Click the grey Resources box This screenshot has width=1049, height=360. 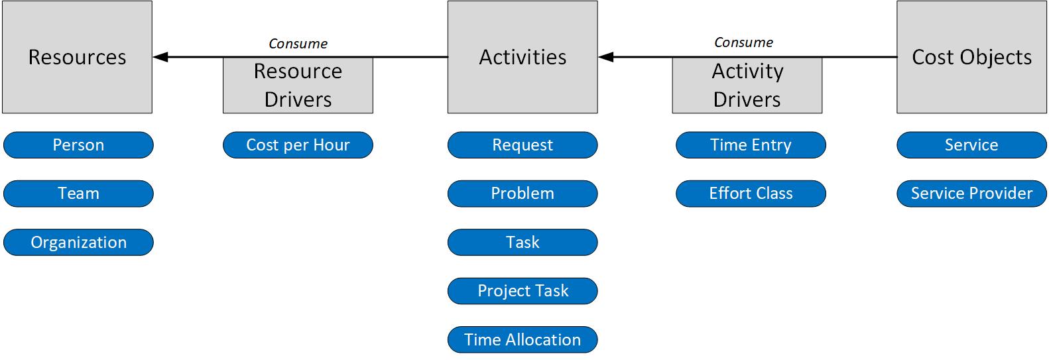(77, 57)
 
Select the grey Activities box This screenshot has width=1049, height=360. (523, 57)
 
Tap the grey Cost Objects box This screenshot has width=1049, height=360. (971, 57)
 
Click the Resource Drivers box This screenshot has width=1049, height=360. (298, 86)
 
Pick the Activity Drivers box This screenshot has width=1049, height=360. (747, 86)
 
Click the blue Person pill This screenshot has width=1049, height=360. (78, 145)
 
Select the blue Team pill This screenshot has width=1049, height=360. (78, 194)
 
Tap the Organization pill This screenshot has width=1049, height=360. (78, 243)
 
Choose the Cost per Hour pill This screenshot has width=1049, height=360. (298, 145)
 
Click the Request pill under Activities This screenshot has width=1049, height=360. (523, 145)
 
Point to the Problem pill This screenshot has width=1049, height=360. (523, 194)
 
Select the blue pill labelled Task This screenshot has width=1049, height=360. (523, 243)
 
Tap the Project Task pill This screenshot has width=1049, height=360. (523, 291)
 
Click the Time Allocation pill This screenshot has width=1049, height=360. (523, 339)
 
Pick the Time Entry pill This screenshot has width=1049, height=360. (751, 145)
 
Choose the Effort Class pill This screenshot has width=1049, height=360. (751, 194)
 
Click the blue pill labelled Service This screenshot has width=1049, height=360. (971, 145)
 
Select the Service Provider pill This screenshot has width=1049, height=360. (971, 194)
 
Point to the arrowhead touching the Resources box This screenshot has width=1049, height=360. (160, 57)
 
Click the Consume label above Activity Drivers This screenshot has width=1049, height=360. (743, 42)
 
